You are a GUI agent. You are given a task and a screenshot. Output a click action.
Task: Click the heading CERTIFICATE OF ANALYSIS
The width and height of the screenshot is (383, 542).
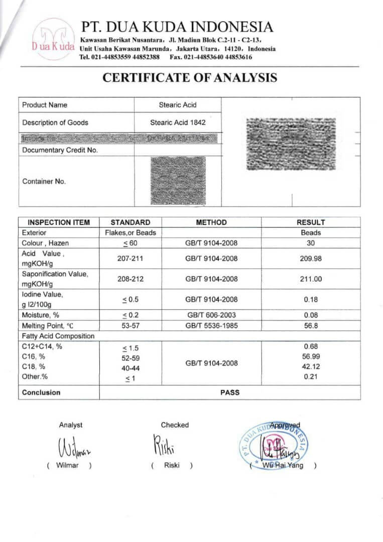coord(190,78)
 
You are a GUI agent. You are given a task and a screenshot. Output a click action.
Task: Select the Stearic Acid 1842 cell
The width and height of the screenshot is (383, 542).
coord(178,122)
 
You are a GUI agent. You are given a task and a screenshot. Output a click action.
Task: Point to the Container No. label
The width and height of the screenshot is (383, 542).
coord(44,182)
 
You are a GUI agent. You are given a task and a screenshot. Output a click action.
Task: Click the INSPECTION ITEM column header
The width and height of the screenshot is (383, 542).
coord(59,222)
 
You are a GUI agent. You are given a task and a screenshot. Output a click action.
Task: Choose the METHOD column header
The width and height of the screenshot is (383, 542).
coord(211,222)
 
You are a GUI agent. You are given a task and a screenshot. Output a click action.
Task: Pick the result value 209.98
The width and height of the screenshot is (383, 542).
coord(311,259)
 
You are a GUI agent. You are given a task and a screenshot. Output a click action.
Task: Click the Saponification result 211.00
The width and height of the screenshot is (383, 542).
coord(311,279)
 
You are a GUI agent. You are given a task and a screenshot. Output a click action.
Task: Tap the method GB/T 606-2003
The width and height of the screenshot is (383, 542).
coord(211,315)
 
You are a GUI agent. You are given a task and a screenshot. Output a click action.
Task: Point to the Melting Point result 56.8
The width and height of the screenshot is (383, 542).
coord(311,325)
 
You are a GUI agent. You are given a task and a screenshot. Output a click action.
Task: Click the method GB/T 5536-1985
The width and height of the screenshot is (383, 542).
coord(211,325)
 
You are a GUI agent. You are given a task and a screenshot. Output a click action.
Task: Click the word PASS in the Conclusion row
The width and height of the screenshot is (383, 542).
coord(230,392)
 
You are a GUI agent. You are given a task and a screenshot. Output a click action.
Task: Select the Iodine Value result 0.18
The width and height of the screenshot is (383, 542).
coord(311,300)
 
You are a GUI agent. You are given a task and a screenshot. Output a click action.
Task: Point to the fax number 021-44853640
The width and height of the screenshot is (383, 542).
coord(215,57)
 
